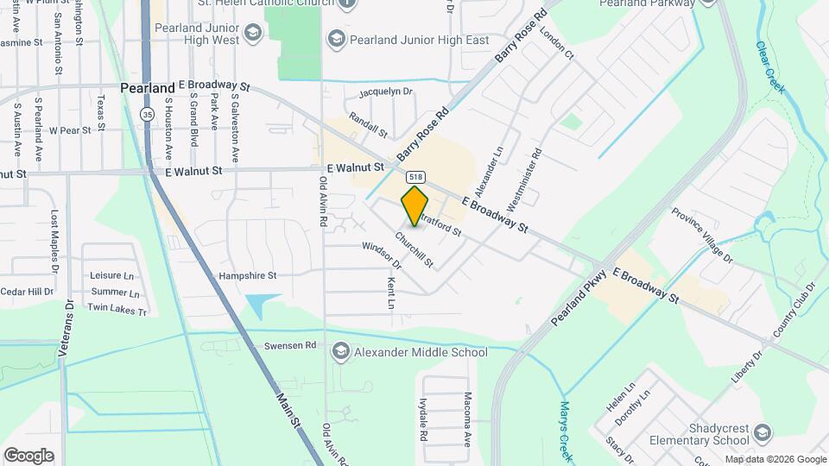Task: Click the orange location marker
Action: point(414,206)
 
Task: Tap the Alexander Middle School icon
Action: point(341,352)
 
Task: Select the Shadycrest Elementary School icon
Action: point(762,432)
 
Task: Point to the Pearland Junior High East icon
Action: point(336,40)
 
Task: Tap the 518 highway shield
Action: point(416,175)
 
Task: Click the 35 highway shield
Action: point(148,114)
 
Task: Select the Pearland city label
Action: point(148,87)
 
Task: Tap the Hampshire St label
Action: point(246,276)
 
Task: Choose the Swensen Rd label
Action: point(296,345)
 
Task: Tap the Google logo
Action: point(28,455)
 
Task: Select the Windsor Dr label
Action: point(382,251)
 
